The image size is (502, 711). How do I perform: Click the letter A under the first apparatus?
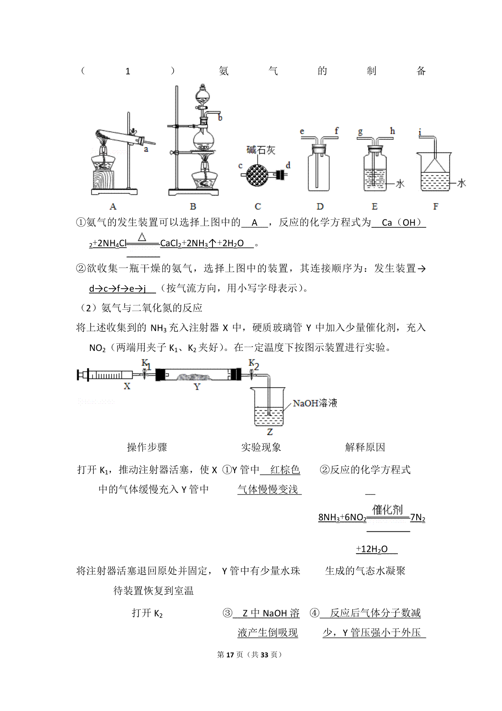point(113,206)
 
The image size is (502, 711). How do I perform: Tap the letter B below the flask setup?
point(193,206)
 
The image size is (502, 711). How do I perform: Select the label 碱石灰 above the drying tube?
point(261,150)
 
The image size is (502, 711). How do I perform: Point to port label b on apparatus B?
point(220,118)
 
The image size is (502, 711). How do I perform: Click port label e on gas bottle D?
point(302,131)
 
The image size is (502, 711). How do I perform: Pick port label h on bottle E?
point(392,131)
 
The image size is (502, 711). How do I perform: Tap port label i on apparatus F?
point(420,132)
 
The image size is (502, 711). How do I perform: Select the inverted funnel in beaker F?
point(435,165)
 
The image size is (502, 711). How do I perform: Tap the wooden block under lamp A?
point(103,179)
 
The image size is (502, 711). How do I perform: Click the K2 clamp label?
point(254,364)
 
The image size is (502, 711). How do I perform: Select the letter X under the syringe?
point(127,386)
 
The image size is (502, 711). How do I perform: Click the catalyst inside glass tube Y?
point(194,377)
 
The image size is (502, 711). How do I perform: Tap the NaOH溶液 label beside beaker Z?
point(315,403)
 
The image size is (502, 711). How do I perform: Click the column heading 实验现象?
point(261,448)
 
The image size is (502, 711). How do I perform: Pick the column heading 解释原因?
point(365,448)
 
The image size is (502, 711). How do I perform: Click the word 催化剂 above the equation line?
point(387,510)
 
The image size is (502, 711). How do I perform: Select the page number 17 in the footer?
point(230,655)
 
